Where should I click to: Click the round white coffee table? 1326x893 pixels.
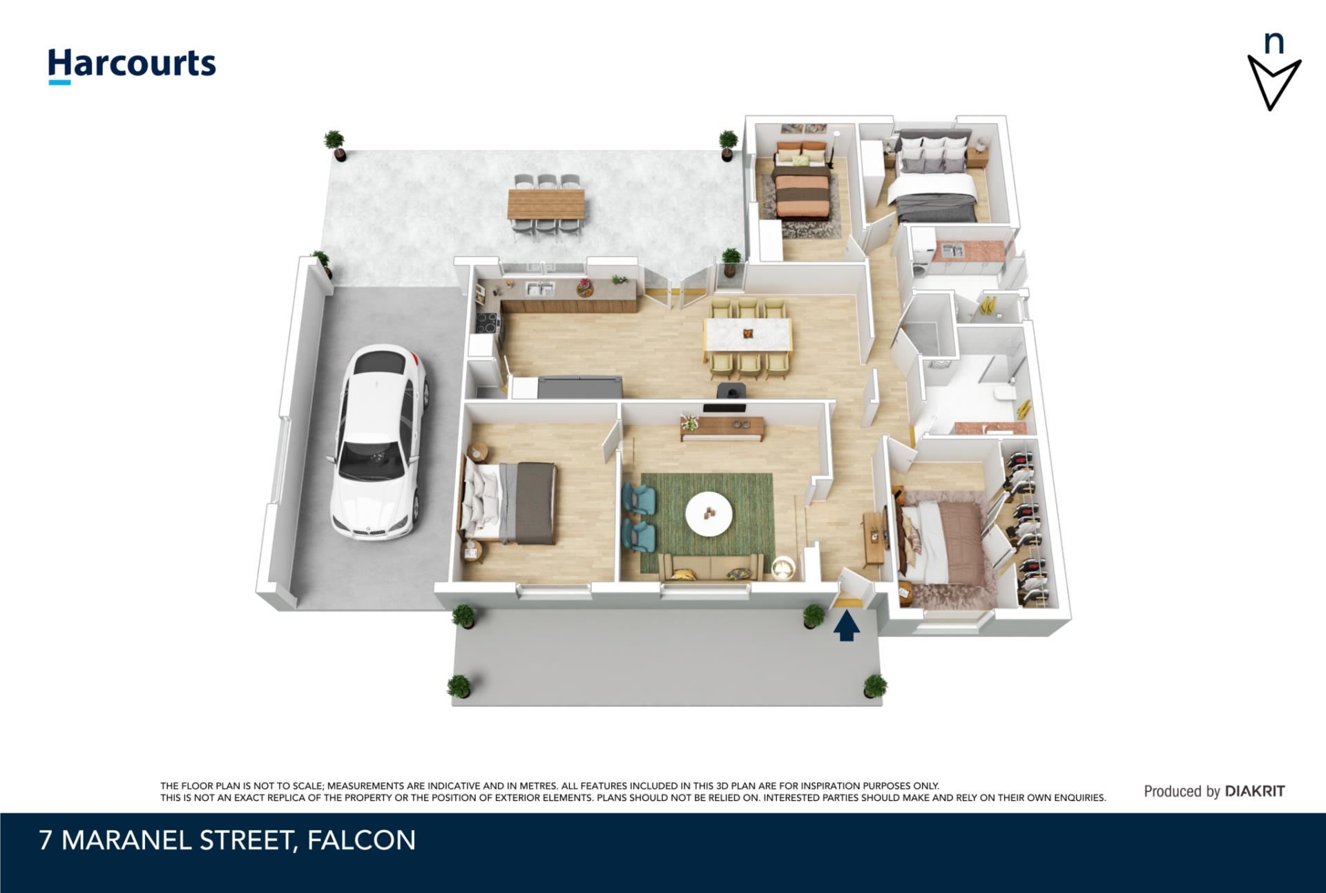[709, 512]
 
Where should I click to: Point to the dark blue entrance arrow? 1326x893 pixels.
[847, 627]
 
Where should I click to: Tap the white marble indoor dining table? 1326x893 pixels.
[748, 334]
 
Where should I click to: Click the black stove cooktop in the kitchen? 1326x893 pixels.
[486, 323]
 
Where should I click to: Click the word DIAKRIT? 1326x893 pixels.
[1255, 791]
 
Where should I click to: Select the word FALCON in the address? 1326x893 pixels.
[361, 841]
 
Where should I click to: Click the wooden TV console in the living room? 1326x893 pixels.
[722, 428]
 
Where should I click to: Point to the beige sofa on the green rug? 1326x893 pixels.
[711, 567]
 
